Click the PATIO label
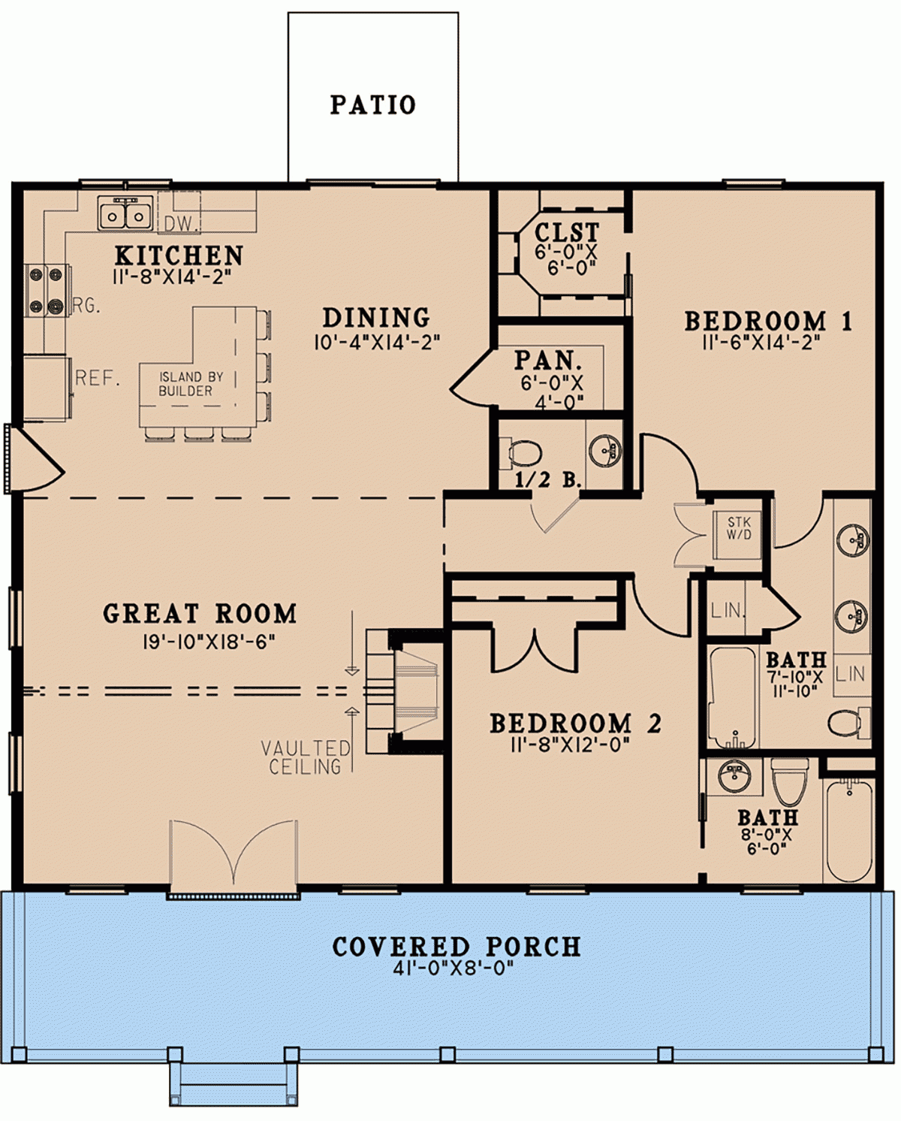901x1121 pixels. point(372,104)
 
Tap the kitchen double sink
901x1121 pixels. point(125,214)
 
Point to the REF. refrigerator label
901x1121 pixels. point(98,378)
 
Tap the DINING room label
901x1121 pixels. point(376,318)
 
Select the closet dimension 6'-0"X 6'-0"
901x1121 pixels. point(566,260)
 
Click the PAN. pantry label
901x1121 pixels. point(548,361)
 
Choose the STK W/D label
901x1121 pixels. point(738,528)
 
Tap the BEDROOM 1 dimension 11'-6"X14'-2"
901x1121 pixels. point(761,343)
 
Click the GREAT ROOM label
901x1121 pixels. point(200,614)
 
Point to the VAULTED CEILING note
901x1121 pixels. point(306,757)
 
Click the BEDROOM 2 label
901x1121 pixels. point(575,724)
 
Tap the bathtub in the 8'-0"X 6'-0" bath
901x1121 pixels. point(848,830)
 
